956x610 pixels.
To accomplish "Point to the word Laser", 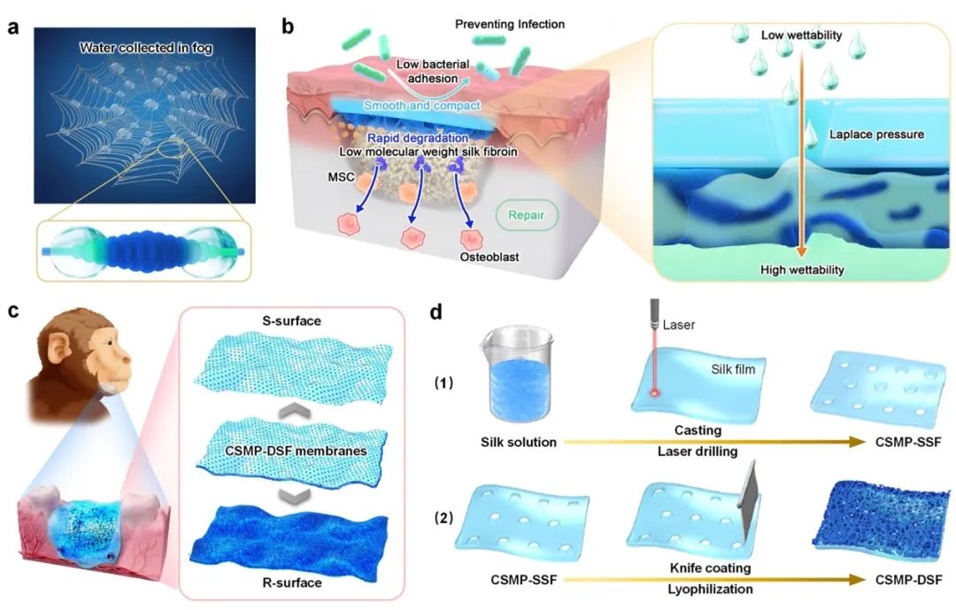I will (x=681, y=325).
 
